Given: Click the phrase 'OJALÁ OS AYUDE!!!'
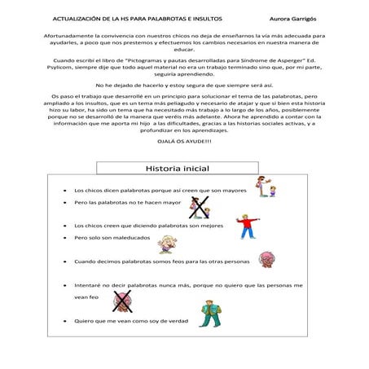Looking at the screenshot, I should pyautogui.click(x=184, y=141).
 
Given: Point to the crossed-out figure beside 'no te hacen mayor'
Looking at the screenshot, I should pyautogui.click(x=199, y=208).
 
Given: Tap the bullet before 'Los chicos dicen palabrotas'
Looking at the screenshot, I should pyautogui.click(x=64, y=190).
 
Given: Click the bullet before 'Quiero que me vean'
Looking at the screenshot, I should pyautogui.click(x=64, y=321).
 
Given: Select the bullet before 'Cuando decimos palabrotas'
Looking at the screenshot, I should pyautogui.click(x=64, y=262).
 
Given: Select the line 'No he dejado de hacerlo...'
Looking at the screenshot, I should pyautogui.click(x=184, y=85).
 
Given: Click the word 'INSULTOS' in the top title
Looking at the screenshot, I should pyautogui.click(x=203, y=18).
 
